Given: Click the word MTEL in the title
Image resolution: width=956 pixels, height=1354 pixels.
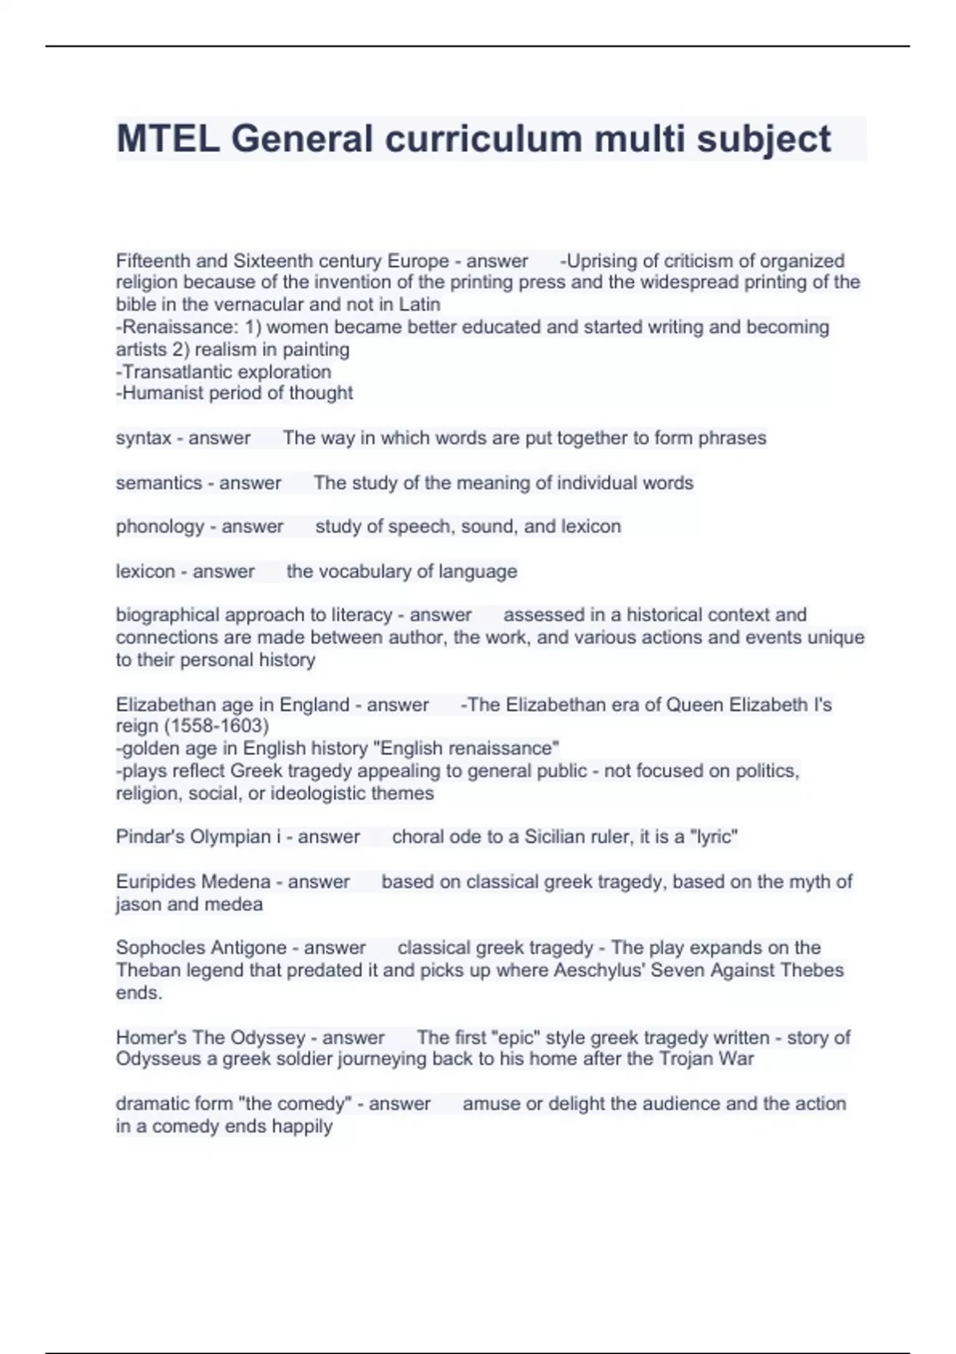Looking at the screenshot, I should point(167,139).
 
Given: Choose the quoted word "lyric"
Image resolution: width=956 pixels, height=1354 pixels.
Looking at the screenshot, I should point(714,837).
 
